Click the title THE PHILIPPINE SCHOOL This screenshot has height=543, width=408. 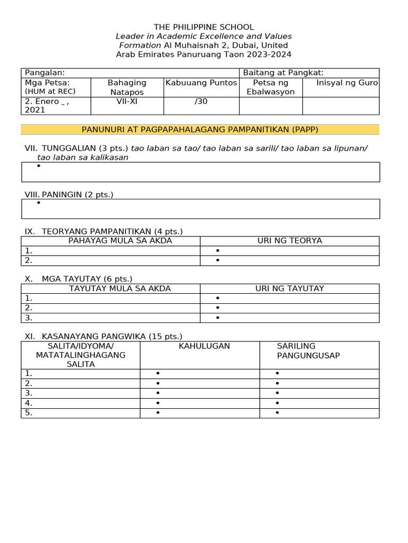203,27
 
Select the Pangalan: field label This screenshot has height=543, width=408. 45,73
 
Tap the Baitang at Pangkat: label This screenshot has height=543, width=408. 283,73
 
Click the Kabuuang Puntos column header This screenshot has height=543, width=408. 201,83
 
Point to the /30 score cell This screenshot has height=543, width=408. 201,101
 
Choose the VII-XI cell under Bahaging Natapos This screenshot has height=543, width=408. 127,101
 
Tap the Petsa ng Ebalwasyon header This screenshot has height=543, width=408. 271,87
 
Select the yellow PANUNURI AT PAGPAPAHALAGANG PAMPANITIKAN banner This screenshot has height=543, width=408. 200,129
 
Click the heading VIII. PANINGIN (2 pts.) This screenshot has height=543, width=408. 69,195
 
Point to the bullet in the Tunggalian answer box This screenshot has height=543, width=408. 39,166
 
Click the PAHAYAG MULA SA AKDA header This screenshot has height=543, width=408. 120,241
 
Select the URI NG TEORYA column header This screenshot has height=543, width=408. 290,241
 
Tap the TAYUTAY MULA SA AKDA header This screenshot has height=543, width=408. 120,288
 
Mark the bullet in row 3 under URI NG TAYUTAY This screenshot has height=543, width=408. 218,318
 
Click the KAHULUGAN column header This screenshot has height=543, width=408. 204,346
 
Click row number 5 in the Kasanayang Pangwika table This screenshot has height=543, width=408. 29,413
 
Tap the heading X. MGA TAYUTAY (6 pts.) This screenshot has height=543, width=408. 79,279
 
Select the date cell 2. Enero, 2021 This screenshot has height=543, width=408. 47,106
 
